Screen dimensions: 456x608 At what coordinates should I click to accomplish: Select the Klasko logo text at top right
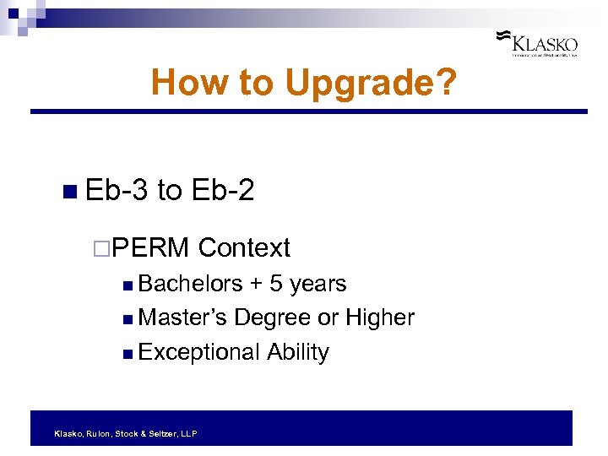[x=546, y=43]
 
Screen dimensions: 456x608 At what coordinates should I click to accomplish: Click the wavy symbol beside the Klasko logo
[x=502, y=36]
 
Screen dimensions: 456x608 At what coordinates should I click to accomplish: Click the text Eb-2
[x=223, y=190]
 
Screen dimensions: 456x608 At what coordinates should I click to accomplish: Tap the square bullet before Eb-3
[x=69, y=192]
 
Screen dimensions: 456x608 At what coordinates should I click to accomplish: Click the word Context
[x=244, y=247]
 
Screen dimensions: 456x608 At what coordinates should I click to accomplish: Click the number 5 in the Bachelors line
[x=275, y=284]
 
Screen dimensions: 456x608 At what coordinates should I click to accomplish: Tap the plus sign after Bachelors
[x=256, y=285]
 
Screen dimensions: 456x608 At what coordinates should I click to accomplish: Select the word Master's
[x=182, y=318]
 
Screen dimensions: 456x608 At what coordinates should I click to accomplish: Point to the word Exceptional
[x=199, y=351]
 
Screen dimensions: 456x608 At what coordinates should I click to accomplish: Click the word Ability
[x=298, y=351]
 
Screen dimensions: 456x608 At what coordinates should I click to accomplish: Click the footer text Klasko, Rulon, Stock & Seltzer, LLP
[x=125, y=433]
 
